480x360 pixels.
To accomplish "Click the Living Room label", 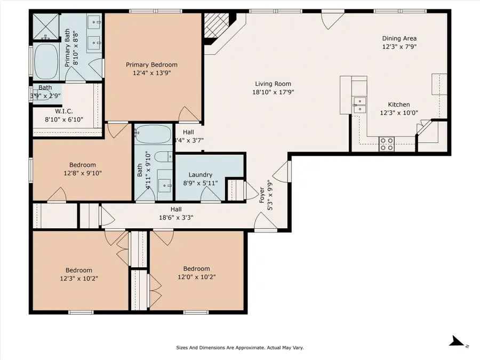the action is click(x=273, y=84).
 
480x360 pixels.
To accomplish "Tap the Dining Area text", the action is click(x=399, y=38).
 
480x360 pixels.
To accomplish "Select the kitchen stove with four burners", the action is click(x=386, y=144).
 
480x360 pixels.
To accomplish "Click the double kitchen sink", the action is click(x=359, y=105).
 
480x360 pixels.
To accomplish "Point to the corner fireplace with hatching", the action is click(x=215, y=25).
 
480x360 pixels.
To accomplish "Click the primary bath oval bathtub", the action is click(x=46, y=61).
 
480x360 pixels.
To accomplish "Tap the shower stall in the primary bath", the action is click(x=46, y=27).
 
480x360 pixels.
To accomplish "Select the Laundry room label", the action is click(x=201, y=175).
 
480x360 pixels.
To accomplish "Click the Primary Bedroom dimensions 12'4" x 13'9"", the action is click(x=152, y=73).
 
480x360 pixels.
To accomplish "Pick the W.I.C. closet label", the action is click(x=64, y=111).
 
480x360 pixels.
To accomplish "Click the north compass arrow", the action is click(x=457, y=341).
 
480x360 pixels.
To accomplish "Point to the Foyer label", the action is click(x=262, y=195).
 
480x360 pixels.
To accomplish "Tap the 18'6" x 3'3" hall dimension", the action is click(x=176, y=218).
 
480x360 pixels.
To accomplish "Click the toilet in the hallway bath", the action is click(x=164, y=157).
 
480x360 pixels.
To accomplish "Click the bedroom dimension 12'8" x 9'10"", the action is click(x=83, y=173).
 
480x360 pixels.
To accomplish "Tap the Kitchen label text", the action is click(x=399, y=105).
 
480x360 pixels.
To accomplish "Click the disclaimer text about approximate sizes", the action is click(x=240, y=348).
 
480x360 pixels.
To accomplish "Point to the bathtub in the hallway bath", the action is click(x=153, y=134).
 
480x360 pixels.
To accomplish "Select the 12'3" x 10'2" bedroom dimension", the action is click(x=79, y=278).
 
